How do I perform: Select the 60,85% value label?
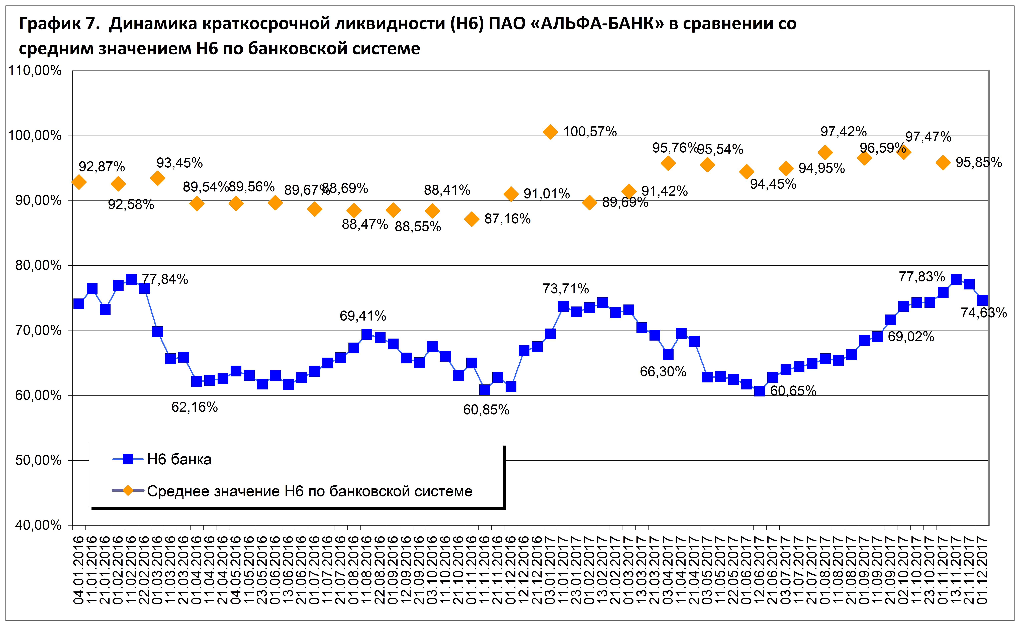point(486,410)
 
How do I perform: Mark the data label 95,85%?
point(979,162)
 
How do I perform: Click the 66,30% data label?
point(663,372)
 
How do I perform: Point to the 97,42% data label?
point(844,132)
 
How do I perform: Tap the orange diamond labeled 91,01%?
point(511,194)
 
